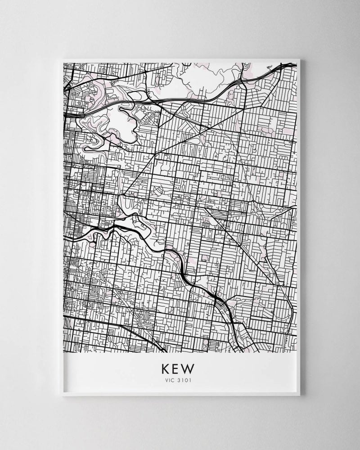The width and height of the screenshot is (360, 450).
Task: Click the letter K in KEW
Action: click(x=165, y=369)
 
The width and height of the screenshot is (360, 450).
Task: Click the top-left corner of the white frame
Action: click(x=61, y=58)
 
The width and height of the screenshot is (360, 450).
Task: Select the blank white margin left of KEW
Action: click(x=112, y=371)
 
